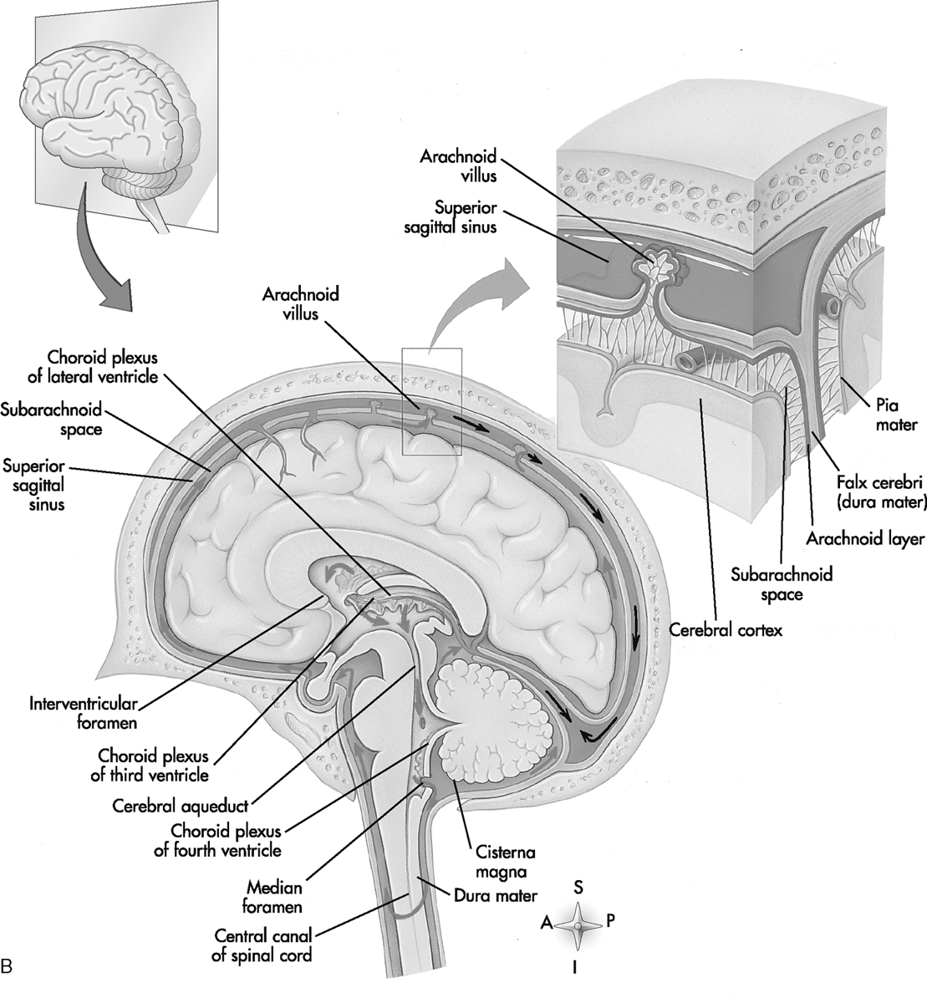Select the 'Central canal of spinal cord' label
pos(262,944)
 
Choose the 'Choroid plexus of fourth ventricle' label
pos(226,841)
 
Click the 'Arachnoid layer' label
pos(875,538)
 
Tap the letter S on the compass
pos(578,887)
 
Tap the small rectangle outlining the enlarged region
pos(431,400)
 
